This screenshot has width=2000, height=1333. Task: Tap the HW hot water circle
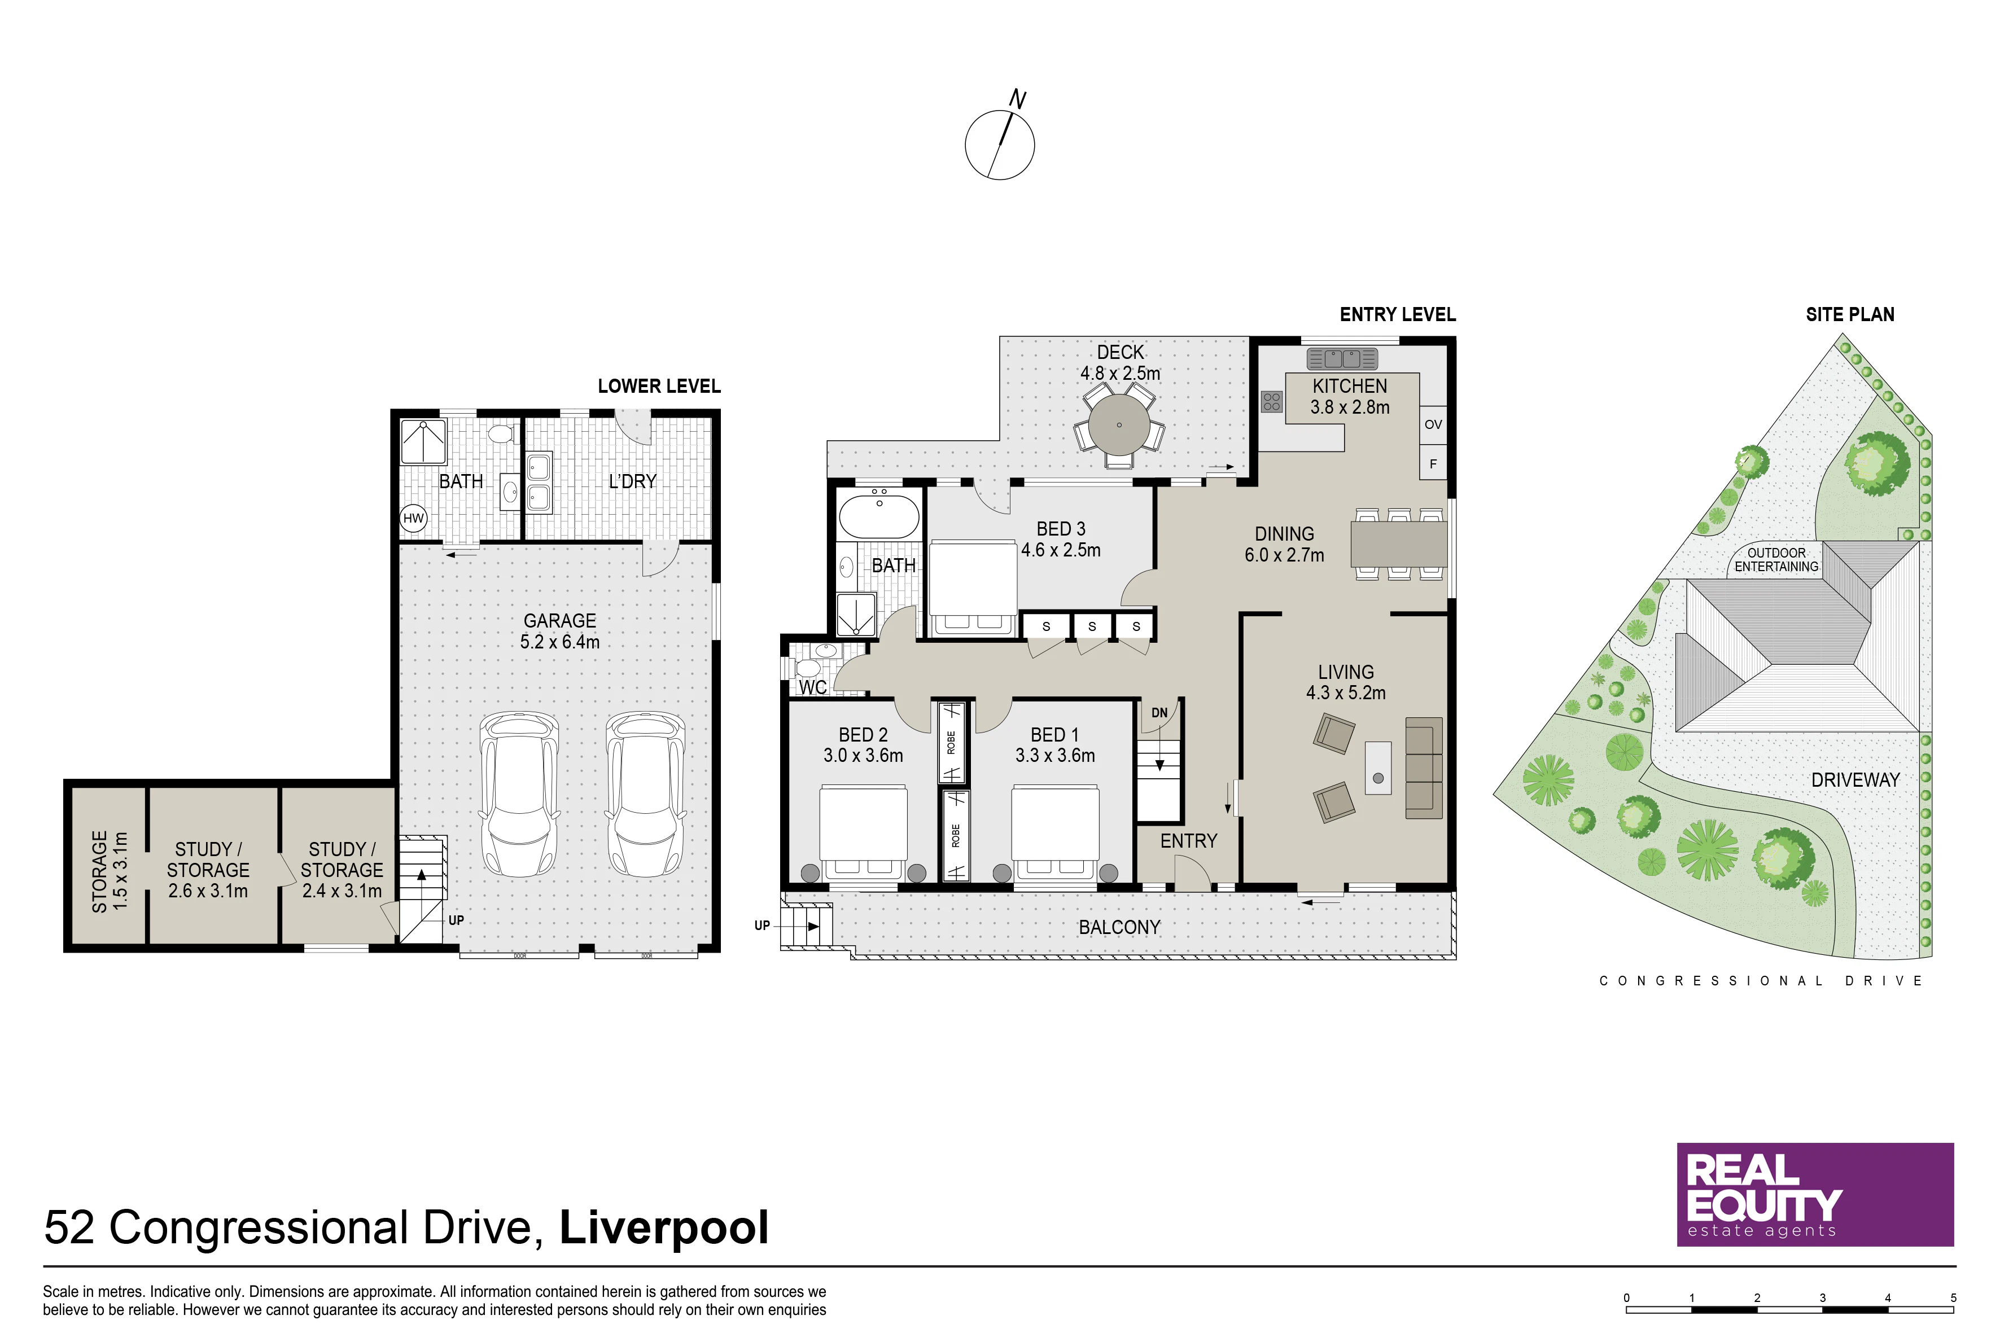click(x=413, y=518)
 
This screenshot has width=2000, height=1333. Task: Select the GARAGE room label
click(x=559, y=621)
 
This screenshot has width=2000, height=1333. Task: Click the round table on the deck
click(x=1119, y=425)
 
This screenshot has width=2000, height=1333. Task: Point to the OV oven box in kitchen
click(x=1433, y=424)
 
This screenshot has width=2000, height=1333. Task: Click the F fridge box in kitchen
click(x=1433, y=464)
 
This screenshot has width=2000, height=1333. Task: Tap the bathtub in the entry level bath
click(x=879, y=514)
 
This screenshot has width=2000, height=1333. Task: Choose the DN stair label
click(x=1159, y=712)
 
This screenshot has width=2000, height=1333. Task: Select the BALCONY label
click(x=1119, y=927)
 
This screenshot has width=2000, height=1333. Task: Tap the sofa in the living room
click(x=1424, y=768)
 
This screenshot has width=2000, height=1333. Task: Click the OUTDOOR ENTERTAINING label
click(x=1776, y=559)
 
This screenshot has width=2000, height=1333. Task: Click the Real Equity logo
click(x=1815, y=1194)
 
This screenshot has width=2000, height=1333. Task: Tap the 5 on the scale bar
click(x=1953, y=1298)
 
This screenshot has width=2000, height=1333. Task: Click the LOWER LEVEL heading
click(x=659, y=387)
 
